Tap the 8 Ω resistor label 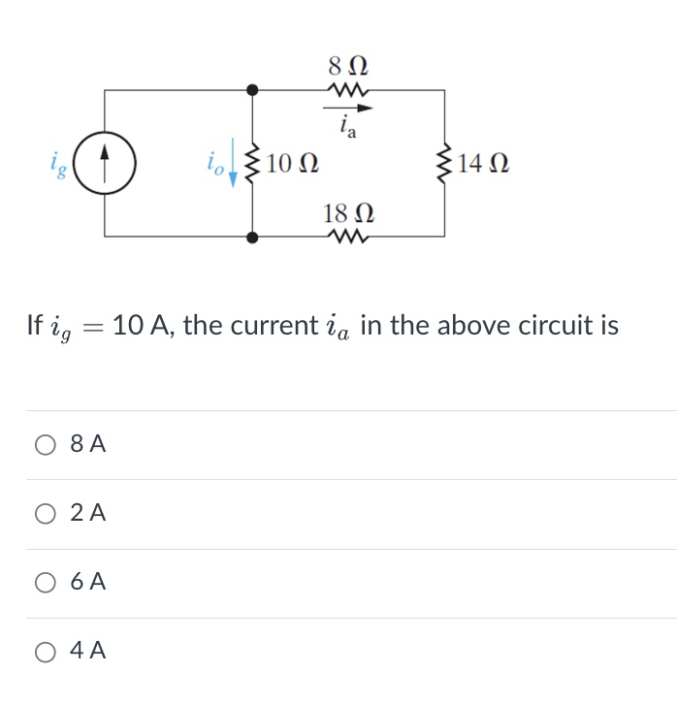click(x=348, y=68)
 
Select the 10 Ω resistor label click(x=294, y=162)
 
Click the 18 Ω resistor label click(x=348, y=213)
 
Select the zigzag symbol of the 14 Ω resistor click(x=445, y=162)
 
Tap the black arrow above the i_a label click(x=348, y=109)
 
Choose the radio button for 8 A click(x=46, y=445)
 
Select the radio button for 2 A click(x=46, y=514)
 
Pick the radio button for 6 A click(x=46, y=583)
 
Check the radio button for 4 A click(x=46, y=652)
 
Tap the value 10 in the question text click(x=128, y=325)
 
